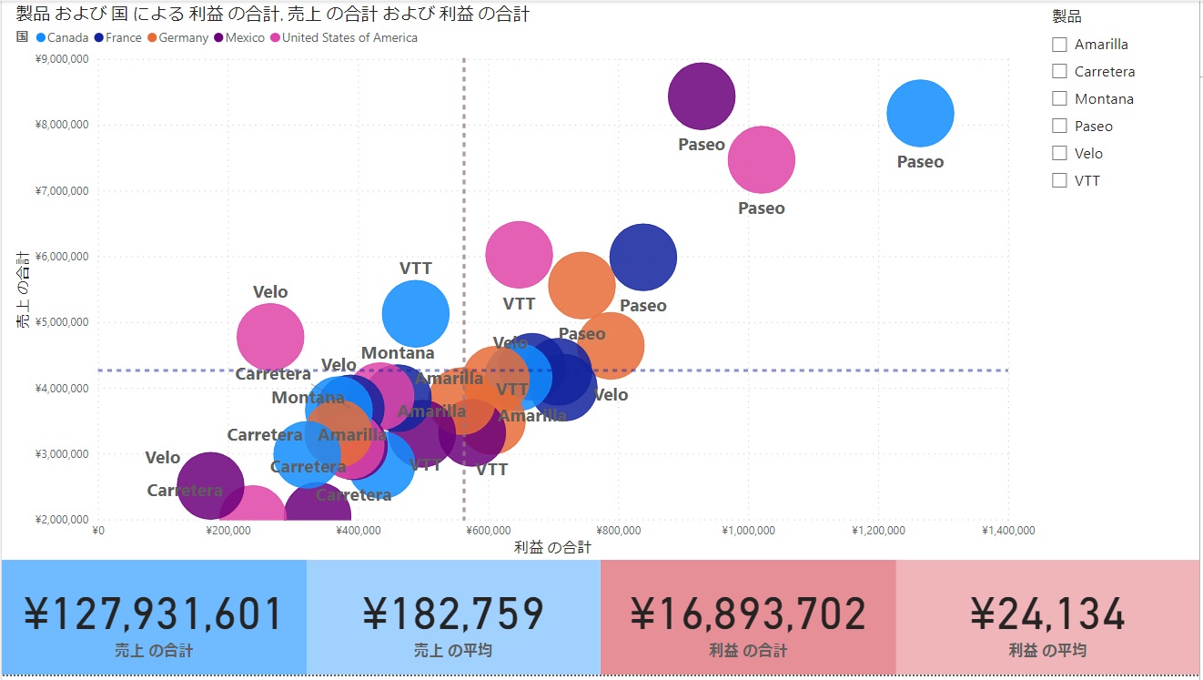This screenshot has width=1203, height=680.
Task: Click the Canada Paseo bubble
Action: (x=920, y=114)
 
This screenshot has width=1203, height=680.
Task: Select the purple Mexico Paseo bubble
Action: (x=701, y=96)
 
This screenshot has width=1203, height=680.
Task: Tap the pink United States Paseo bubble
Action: (x=762, y=160)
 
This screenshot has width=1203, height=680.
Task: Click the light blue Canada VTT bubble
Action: (x=416, y=314)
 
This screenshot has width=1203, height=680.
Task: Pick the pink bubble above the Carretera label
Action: (x=270, y=337)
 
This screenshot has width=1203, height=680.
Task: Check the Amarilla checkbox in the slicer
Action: (x=1059, y=45)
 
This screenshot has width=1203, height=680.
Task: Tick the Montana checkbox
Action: (x=1059, y=99)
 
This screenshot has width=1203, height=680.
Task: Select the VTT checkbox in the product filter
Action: (x=1059, y=180)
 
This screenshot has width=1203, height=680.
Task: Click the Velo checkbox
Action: (x=1059, y=153)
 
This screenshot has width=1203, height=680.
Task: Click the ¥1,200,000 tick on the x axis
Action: (x=879, y=531)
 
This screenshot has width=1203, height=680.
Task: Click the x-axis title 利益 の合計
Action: (x=552, y=547)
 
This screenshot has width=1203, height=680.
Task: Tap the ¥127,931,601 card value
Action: (x=153, y=614)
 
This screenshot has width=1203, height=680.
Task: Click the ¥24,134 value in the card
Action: (x=1047, y=614)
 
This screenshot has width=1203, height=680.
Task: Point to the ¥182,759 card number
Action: (x=453, y=614)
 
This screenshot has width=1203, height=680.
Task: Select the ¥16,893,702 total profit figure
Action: (x=748, y=614)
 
